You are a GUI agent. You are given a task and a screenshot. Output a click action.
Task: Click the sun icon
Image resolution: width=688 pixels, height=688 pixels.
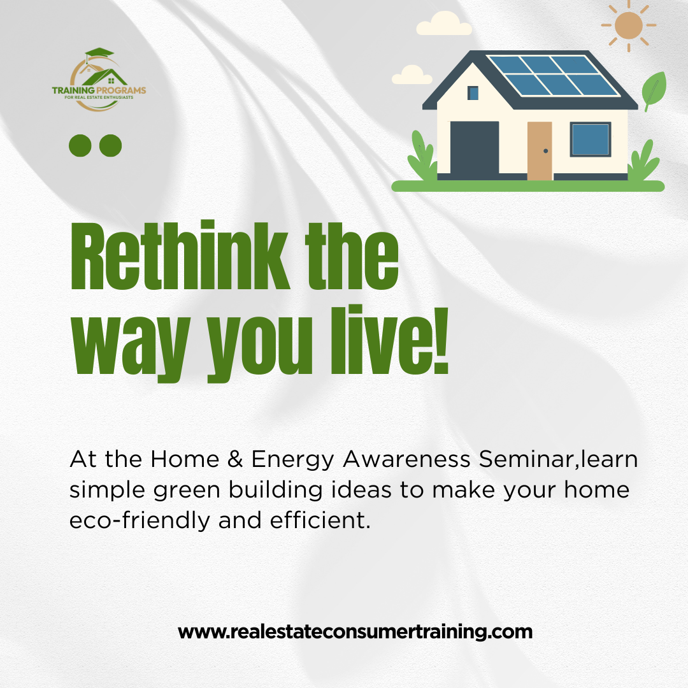(628, 25)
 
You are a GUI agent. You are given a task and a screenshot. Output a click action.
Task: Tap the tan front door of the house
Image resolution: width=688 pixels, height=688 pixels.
(540, 151)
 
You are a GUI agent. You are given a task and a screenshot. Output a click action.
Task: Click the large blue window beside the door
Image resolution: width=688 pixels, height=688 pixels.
(591, 140)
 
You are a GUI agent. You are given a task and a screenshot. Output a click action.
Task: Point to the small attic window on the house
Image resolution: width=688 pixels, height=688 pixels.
(473, 93)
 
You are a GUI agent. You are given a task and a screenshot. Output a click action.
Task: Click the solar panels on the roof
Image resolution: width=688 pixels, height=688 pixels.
(554, 75)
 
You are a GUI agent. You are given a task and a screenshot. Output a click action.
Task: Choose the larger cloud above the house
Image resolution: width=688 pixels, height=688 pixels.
(444, 24)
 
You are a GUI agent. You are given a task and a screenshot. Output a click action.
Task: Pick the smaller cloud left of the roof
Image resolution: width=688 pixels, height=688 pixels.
(412, 75)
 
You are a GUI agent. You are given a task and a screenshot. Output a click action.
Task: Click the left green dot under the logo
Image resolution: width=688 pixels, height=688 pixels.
(80, 146)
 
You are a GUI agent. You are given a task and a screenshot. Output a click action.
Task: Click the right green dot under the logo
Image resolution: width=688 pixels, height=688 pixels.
(111, 146)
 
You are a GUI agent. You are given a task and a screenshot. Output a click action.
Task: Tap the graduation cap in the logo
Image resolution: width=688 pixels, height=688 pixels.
(99, 54)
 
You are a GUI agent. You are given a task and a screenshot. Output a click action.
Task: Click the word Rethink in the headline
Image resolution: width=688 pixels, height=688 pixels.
(180, 255)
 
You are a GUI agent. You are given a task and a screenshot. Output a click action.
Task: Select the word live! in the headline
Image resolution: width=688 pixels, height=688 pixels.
(390, 340)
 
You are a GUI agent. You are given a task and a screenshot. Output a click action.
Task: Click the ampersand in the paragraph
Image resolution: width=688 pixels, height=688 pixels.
(235, 459)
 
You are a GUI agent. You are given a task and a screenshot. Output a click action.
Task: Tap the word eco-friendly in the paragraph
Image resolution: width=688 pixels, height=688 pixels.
(140, 521)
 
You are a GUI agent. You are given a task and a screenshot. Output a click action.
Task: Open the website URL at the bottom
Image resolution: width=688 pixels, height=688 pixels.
(355, 633)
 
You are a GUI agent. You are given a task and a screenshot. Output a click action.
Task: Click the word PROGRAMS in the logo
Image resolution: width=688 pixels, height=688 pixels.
(121, 90)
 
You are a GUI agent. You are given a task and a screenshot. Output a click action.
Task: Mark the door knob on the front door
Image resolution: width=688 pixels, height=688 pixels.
(546, 151)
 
